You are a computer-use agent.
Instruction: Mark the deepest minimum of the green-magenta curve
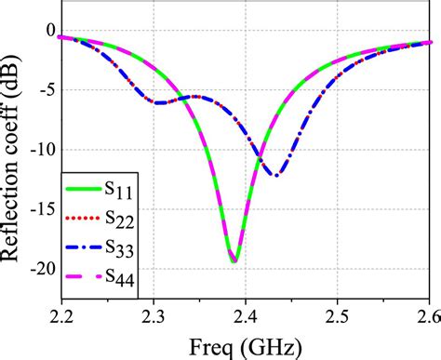click(234, 260)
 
